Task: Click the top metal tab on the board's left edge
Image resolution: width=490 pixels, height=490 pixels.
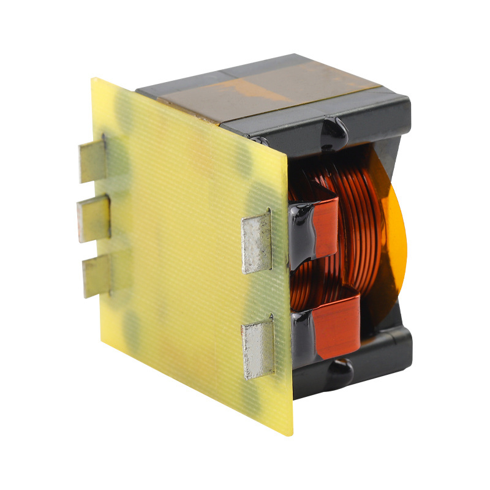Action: [x=91, y=161]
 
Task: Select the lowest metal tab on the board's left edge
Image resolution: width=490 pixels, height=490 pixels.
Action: [x=96, y=275]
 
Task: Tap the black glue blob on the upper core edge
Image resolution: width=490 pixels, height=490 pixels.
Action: [x=334, y=130]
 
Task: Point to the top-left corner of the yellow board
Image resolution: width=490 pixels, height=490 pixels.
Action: [x=93, y=78]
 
